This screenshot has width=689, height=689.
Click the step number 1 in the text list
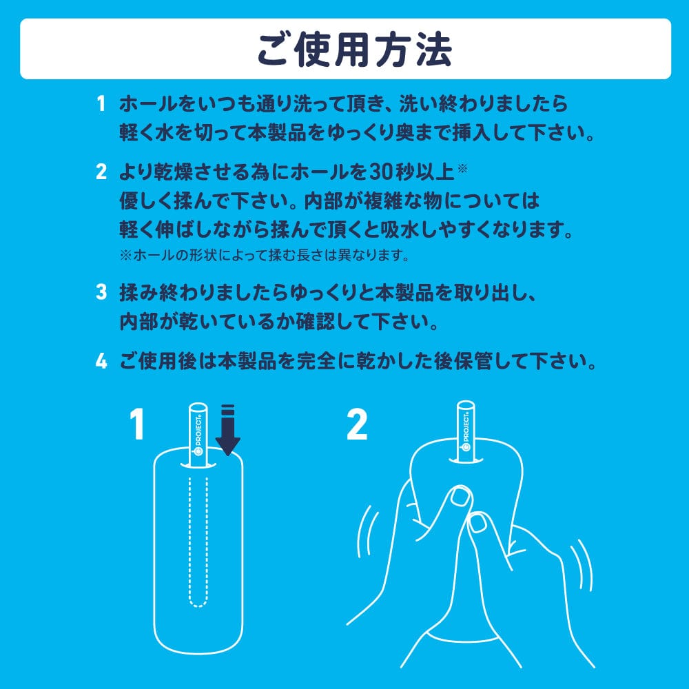[x=101, y=105]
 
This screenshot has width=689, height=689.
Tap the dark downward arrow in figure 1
[x=228, y=431]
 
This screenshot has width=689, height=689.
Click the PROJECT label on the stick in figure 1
[x=198, y=434]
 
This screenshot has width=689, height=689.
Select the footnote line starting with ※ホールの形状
[x=265, y=256]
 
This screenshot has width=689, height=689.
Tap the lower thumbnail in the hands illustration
[x=478, y=525]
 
